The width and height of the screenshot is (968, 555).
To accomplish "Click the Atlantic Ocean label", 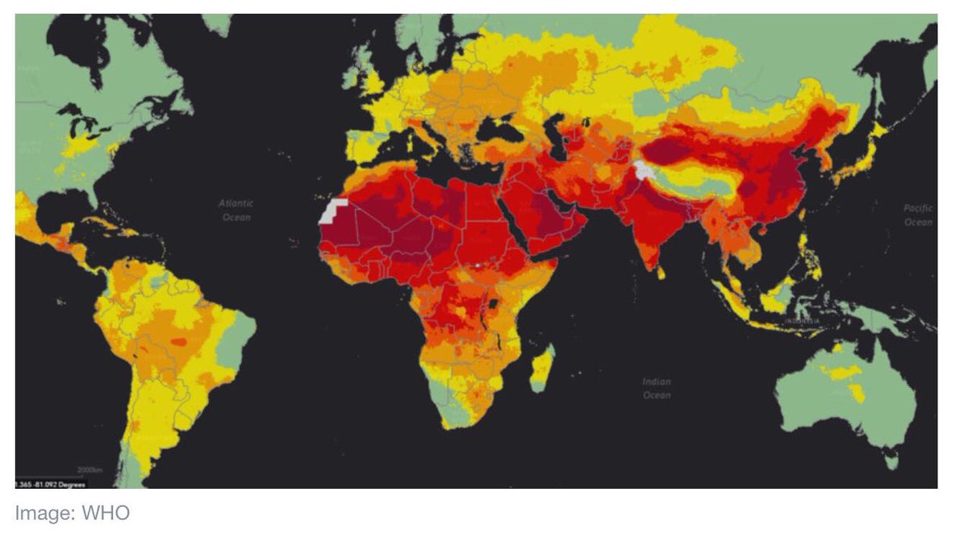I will click(236, 211).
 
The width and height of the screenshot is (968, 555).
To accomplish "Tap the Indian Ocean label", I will click(656, 388).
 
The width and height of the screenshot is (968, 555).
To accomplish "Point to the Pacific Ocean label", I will click(918, 215).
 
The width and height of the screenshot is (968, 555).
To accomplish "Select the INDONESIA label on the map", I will click(803, 321).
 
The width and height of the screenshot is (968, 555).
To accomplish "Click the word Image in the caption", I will click(45, 513).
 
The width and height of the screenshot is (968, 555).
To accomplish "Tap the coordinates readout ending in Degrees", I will click(50, 483).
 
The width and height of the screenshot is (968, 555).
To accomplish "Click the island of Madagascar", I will click(543, 368).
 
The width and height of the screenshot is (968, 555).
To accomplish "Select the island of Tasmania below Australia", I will click(891, 461).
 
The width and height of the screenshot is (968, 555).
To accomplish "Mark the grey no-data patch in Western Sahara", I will click(332, 212).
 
